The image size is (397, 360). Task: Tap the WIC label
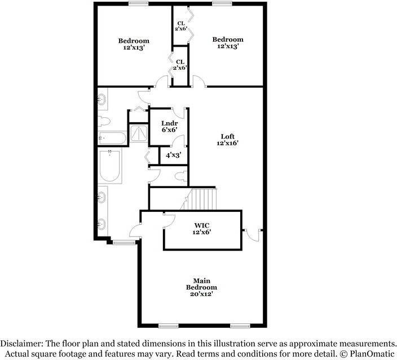[x=202, y=227]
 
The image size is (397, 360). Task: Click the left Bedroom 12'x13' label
[x=134, y=44]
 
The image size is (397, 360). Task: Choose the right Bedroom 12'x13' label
[x=228, y=42]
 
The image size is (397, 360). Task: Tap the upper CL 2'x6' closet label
[x=180, y=25]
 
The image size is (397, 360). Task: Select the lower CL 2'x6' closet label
[x=180, y=64]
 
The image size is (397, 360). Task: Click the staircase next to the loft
[x=204, y=199]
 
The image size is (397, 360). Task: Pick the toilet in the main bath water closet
[x=180, y=176]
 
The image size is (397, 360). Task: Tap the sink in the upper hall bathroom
[x=103, y=101]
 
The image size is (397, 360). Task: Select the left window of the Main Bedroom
[x=168, y=326]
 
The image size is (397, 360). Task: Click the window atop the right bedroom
[x=221, y=3]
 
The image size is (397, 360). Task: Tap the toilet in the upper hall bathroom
[x=103, y=121]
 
